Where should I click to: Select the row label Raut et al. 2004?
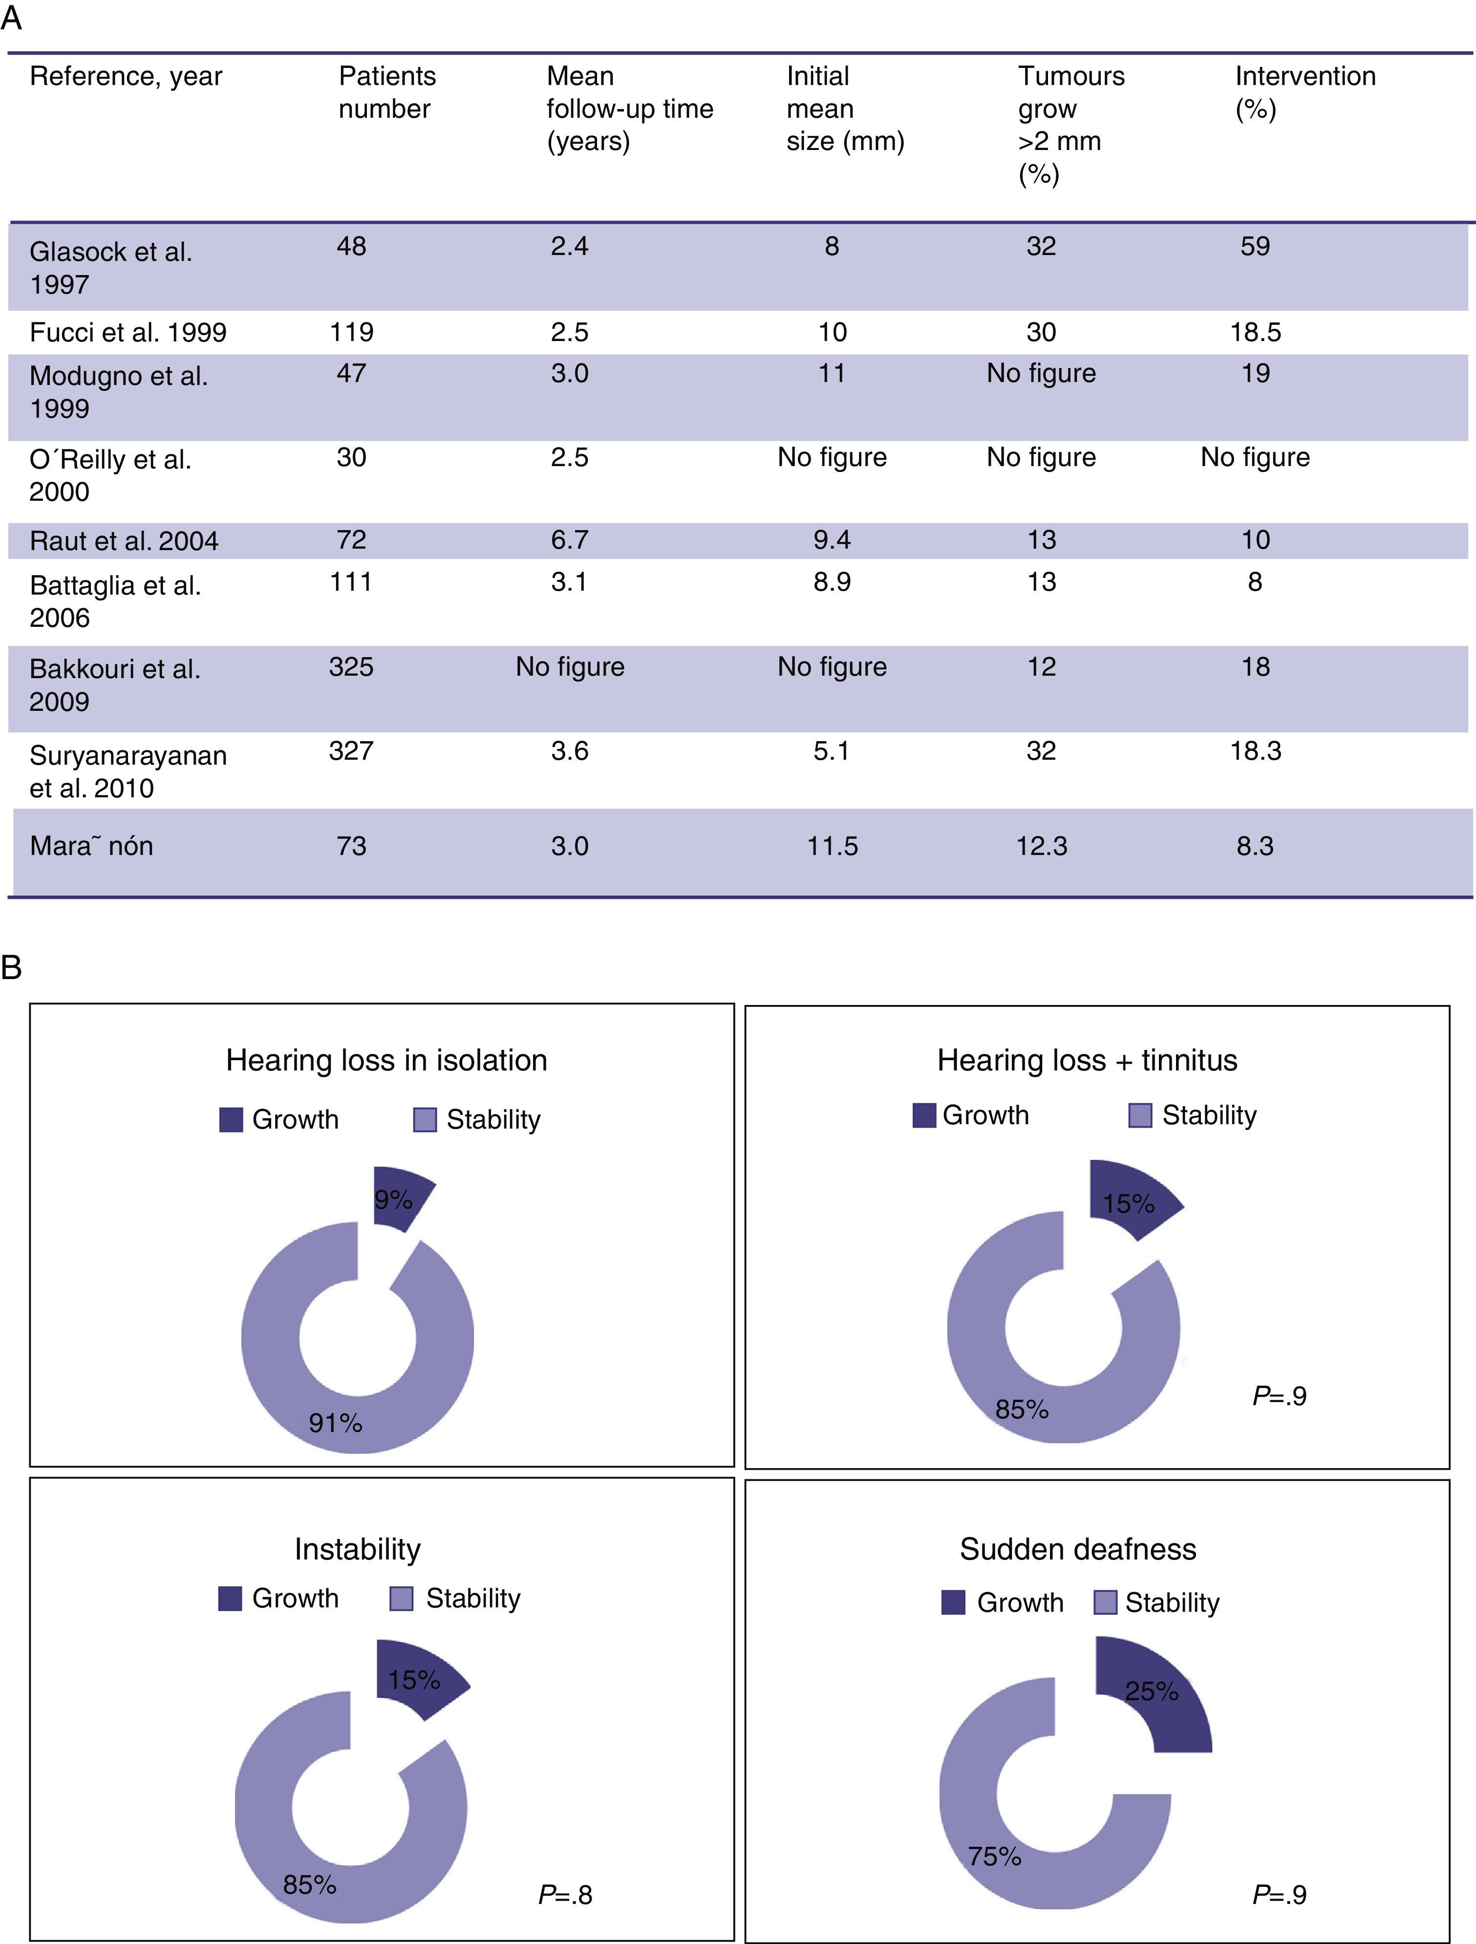pos(124,540)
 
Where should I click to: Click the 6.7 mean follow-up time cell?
pos(570,539)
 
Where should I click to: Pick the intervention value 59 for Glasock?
pos(1255,246)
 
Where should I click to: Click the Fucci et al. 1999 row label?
pos(128,332)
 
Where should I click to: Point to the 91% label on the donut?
pos(335,1422)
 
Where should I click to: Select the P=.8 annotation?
pos(565,1894)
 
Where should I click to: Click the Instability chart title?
pos(357,1549)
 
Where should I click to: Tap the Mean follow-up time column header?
pos(629,108)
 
